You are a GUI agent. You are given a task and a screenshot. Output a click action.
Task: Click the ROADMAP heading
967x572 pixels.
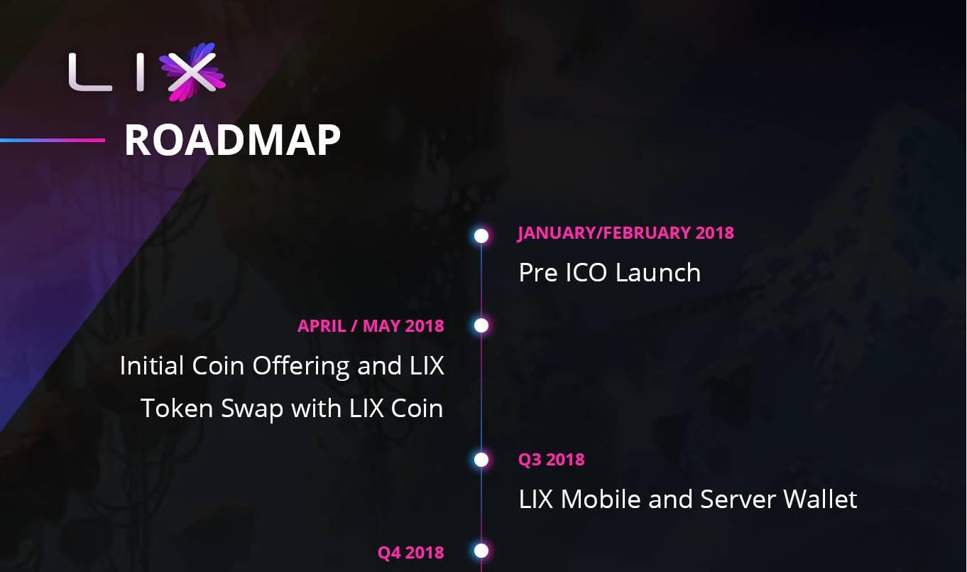[232, 139]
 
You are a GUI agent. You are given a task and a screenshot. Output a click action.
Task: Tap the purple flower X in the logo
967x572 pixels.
[192, 72]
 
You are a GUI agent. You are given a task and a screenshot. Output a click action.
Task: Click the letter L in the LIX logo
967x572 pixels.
[89, 72]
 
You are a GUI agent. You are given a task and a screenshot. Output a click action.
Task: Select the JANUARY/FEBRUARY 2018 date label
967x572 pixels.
[625, 233]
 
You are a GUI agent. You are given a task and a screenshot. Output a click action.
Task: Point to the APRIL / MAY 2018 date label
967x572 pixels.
[371, 325]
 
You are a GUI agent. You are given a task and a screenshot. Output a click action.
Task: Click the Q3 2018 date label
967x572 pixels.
[551, 459]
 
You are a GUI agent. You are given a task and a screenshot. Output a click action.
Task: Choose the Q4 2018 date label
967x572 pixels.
[410, 553]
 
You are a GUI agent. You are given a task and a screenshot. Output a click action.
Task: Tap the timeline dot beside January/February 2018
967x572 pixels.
[481, 236]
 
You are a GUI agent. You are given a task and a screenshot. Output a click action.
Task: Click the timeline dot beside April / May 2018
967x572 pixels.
[481, 325]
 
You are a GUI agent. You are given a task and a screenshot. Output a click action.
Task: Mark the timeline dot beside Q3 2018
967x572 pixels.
[481, 460]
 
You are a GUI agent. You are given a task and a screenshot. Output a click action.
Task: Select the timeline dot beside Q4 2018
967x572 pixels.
[481, 551]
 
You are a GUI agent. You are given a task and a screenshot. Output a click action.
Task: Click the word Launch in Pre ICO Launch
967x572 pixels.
[658, 273]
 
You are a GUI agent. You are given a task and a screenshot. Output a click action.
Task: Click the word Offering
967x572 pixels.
[301, 367]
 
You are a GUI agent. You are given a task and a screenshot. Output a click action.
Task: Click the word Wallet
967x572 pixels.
[820, 499]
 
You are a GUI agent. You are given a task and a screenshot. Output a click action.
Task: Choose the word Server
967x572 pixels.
[738, 500]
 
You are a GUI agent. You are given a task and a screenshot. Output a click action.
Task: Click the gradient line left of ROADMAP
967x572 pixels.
[53, 140]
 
